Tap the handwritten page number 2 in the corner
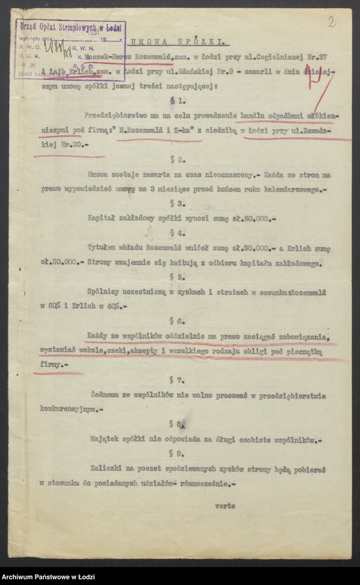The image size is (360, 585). pos(331,22)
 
